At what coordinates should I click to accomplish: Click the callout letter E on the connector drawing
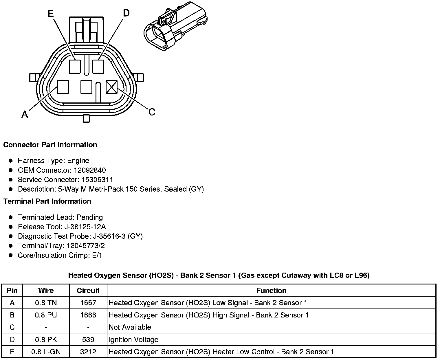(50, 13)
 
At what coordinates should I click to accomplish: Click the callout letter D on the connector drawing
(126, 13)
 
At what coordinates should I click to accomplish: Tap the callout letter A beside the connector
(25, 115)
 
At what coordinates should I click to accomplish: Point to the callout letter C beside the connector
(152, 112)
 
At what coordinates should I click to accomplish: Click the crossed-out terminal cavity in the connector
(112, 87)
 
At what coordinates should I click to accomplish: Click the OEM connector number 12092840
(90, 170)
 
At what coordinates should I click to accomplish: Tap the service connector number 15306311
(97, 180)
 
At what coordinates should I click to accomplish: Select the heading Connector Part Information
(50, 145)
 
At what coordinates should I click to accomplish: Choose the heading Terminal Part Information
(47, 201)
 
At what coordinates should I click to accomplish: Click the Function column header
(271, 291)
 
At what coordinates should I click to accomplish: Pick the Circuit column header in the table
(88, 291)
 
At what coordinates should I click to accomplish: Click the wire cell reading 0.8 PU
(46, 315)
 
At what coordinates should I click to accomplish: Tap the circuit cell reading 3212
(88, 352)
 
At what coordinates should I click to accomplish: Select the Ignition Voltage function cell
(133, 339)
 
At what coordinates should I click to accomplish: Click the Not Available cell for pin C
(130, 327)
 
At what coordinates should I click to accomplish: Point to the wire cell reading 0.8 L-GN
(46, 352)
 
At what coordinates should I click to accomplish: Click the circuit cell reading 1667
(88, 303)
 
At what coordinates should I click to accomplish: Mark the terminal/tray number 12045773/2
(86, 246)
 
